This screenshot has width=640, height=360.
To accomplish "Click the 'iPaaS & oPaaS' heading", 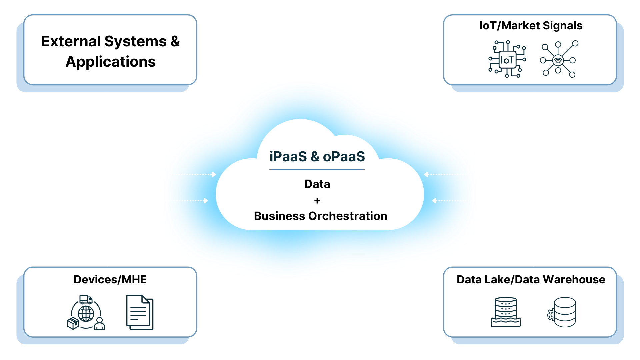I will click(317, 157).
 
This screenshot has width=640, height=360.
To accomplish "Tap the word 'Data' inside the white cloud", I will click(317, 184).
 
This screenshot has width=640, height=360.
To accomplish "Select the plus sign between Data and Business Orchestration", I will click(317, 201).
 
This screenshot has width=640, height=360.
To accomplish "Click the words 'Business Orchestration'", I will click(320, 216).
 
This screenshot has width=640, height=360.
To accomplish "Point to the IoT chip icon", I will click(507, 59).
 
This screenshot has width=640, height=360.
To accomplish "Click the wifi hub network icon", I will click(559, 60).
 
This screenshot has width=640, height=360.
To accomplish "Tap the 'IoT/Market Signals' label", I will click(531, 26).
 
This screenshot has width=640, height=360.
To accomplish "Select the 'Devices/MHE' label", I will click(110, 279).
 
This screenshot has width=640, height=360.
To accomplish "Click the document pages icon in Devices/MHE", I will click(140, 312).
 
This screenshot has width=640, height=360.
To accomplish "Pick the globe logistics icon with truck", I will click(86, 312).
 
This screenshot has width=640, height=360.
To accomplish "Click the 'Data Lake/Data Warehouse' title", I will click(531, 279).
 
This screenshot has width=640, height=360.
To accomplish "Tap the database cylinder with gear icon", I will click(563, 312).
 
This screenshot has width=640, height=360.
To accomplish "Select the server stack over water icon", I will click(506, 312).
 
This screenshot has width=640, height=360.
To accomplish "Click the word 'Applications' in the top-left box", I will click(110, 62).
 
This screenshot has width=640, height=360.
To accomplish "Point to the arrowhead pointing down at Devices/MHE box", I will click(107, 264).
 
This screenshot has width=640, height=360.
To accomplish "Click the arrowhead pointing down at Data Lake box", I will click(533, 264).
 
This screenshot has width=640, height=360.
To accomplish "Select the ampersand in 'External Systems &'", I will click(175, 42).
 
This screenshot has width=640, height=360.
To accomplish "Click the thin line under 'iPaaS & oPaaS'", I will click(317, 170).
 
